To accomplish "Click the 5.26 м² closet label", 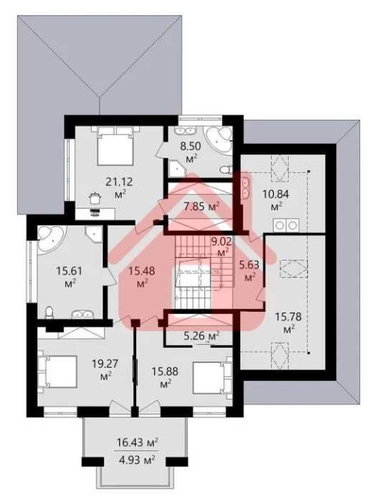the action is (x=201, y=336).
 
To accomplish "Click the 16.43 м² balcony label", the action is (x=137, y=443).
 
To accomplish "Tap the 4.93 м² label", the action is (x=137, y=460).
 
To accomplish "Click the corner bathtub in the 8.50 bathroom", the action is (x=219, y=140).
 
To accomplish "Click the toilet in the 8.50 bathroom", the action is (x=226, y=169).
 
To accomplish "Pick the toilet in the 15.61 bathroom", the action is (x=49, y=312).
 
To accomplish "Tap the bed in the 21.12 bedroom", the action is (x=115, y=145).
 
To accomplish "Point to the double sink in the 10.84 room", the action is (x=246, y=188).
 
